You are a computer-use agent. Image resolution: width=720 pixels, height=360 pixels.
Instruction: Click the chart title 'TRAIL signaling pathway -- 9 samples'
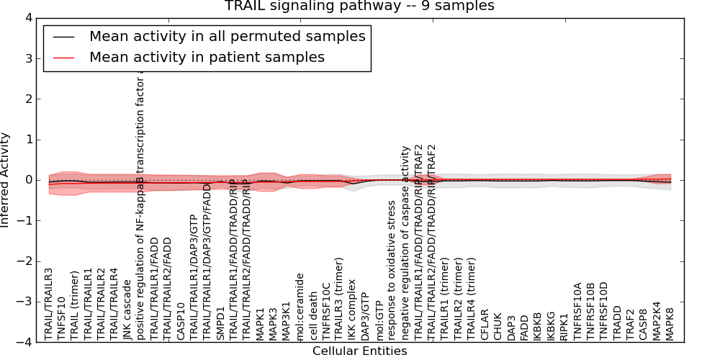click(359, 6)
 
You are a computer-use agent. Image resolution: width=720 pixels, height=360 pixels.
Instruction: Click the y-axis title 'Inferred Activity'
click(6, 180)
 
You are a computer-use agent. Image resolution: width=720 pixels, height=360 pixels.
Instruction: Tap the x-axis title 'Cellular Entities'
click(359, 351)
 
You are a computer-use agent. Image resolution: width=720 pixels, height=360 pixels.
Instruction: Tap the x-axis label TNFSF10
click(61, 318)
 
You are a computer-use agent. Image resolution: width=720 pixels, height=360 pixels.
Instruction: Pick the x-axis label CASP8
click(644, 323)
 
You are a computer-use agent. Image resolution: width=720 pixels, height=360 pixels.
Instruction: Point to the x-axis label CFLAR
click(485, 323)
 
